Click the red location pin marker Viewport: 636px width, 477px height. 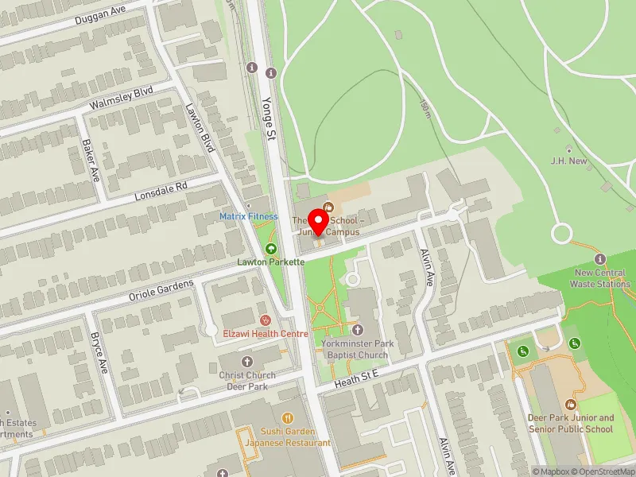(x=320, y=222)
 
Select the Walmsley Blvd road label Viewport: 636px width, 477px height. (x=122, y=103)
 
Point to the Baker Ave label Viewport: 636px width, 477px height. (x=91, y=160)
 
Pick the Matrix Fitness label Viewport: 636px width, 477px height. (x=249, y=216)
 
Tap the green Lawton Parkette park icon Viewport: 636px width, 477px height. (x=270, y=248)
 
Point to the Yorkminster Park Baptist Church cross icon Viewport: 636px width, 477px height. (x=357, y=329)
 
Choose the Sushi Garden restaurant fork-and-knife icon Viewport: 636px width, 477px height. (x=288, y=417)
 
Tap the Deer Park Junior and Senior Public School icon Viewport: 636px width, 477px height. (x=571, y=405)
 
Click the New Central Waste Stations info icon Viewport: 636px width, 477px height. (x=599, y=259)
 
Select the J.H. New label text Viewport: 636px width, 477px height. (x=568, y=161)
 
